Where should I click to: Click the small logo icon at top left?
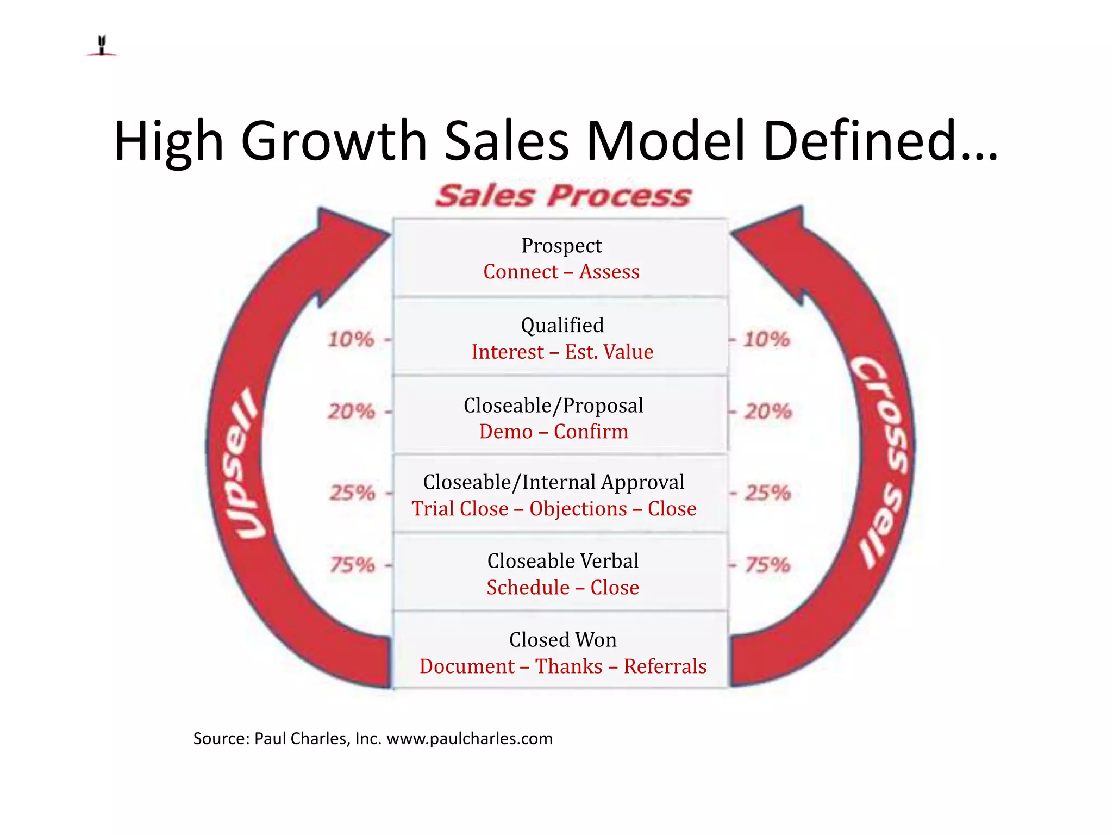(102, 46)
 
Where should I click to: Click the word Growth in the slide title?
(335, 141)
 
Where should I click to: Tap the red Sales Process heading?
(563, 196)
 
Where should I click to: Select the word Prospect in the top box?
(561, 246)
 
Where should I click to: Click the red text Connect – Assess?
(561, 272)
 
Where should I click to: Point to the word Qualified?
(562, 326)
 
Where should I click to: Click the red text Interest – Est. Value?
(562, 352)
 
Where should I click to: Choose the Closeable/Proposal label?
(553, 406)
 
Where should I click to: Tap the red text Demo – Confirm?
(553, 432)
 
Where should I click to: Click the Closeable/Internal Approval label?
(553, 482)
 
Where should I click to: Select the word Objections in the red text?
(578, 509)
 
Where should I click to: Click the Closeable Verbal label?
(562, 561)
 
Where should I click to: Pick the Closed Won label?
(562, 640)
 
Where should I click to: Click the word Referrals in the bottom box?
(665, 666)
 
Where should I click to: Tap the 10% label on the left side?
(351, 340)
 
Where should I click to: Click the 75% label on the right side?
(767, 565)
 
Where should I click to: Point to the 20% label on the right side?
(767, 412)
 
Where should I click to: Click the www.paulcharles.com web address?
(469, 739)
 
